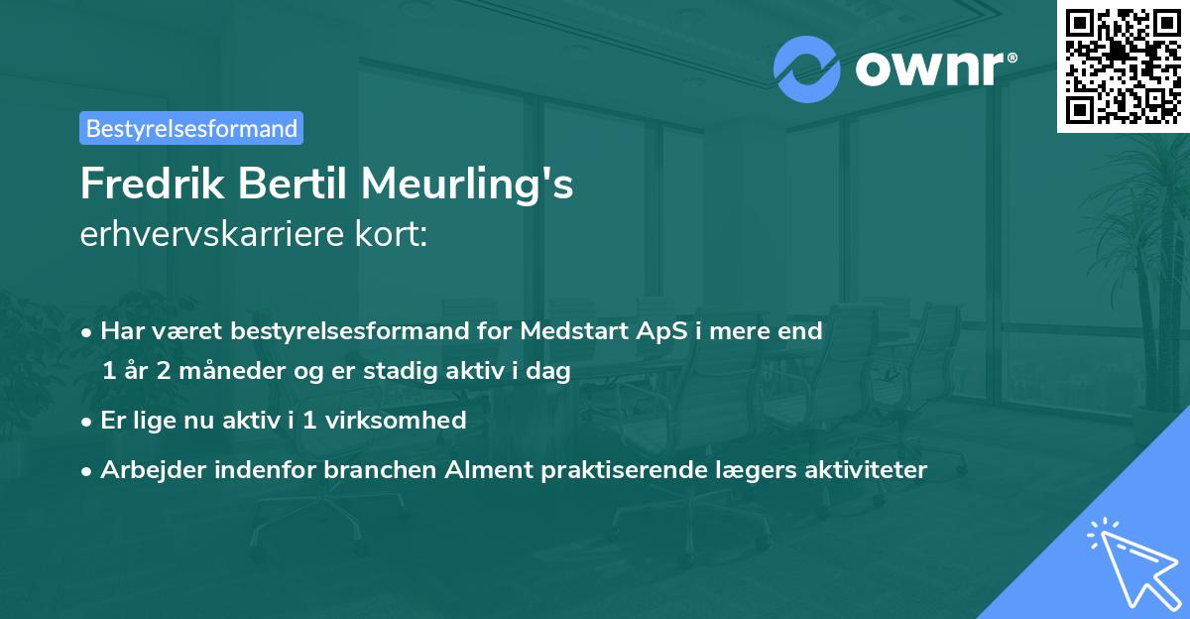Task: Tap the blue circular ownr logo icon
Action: pyautogui.click(x=806, y=68)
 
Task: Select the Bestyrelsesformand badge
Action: pyautogui.click(x=191, y=128)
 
